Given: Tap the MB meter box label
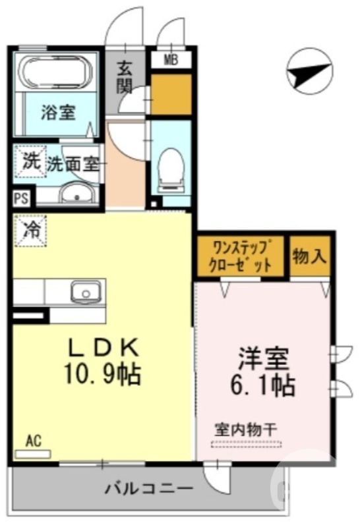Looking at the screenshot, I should click(x=171, y=61).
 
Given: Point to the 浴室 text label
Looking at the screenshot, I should click(x=58, y=112).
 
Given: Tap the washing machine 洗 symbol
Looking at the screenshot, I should click(x=29, y=161).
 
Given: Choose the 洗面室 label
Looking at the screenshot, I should click(x=73, y=164).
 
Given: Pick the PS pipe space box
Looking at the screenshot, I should click(x=20, y=198).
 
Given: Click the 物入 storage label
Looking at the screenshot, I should click(x=310, y=256).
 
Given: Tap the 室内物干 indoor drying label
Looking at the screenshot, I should click(x=247, y=428).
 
